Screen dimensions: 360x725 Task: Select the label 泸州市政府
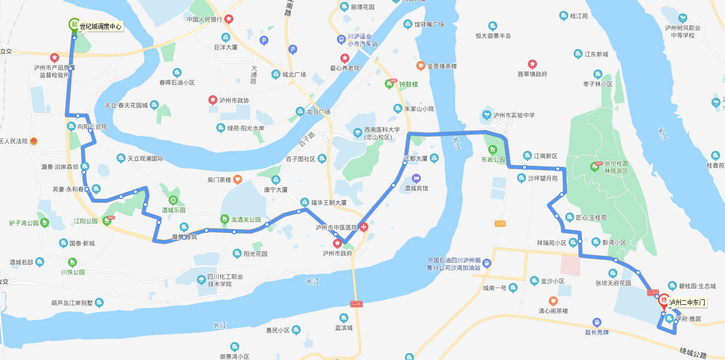pyautogui.click(x=337, y=253)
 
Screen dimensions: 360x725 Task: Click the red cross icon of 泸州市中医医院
pyautogui.click(x=364, y=227)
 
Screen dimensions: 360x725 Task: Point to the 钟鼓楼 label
pyautogui.click(x=409, y=84)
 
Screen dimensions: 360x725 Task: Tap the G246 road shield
pyautogui.click(x=356, y=304)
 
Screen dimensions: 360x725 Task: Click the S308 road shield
pyautogui.click(x=500, y=224)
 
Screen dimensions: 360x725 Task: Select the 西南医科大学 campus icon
pyautogui.click(x=358, y=133)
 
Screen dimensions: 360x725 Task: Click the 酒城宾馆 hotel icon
pyautogui.click(x=416, y=178)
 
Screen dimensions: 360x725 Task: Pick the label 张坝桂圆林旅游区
pyautogui.click(x=616, y=167)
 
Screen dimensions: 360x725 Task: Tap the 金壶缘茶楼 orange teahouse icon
pyautogui.click(x=420, y=66)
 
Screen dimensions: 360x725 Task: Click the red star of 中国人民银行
pyautogui.click(x=229, y=19)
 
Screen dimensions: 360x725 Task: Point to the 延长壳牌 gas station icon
pyautogui.click(x=596, y=322)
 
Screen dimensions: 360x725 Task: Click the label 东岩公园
pyautogui.click(x=493, y=160)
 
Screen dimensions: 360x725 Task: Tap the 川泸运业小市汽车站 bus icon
pyautogui.click(x=341, y=39)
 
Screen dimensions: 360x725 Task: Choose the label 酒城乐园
pyautogui.click(x=173, y=210)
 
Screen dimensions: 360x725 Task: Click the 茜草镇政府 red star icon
pyautogui.click(x=532, y=64)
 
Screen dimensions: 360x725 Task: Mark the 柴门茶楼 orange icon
pyautogui.click(x=238, y=179)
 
